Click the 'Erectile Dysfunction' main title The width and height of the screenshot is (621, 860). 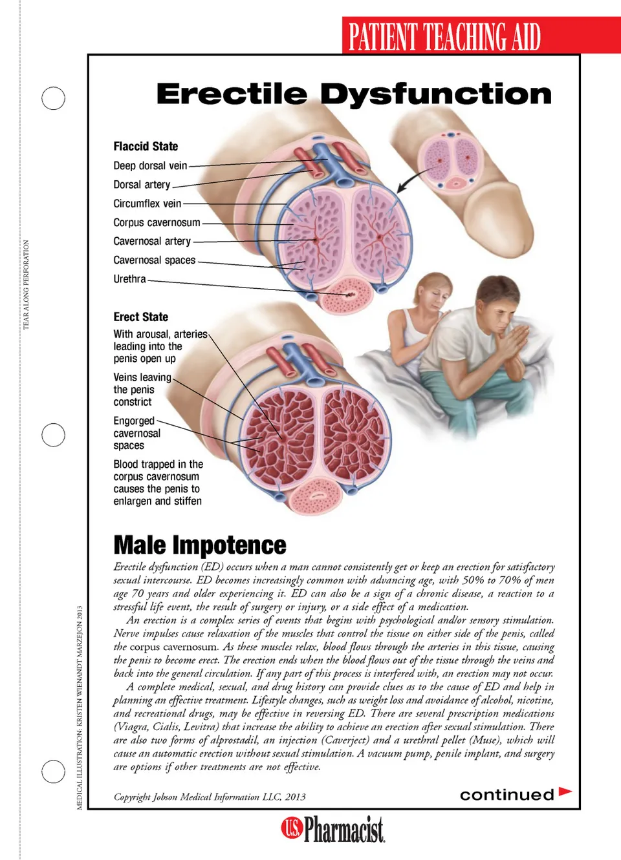[x=354, y=94]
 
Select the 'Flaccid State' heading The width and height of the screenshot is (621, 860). [x=146, y=147]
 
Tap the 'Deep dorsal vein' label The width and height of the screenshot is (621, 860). [x=150, y=166]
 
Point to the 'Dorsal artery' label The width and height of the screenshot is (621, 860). [x=142, y=185]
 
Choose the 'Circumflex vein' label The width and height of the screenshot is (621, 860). [x=147, y=204]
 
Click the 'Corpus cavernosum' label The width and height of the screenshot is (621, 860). [x=157, y=222]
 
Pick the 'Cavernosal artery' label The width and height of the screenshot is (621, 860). [x=152, y=241]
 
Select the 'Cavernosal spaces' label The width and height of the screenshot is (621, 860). [x=154, y=260]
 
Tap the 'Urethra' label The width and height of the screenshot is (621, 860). [x=129, y=279]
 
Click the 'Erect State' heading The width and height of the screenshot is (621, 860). [x=140, y=317]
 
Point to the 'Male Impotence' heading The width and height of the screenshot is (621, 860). [x=200, y=545]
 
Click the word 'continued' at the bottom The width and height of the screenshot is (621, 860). [x=507, y=795]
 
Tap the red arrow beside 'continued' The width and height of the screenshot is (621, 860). [x=565, y=792]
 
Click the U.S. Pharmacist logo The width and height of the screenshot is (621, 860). [x=333, y=830]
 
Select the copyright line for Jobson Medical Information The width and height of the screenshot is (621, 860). [x=210, y=797]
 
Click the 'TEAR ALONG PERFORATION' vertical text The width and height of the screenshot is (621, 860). [x=27, y=285]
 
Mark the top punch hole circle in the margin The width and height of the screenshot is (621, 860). [x=53, y=98]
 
